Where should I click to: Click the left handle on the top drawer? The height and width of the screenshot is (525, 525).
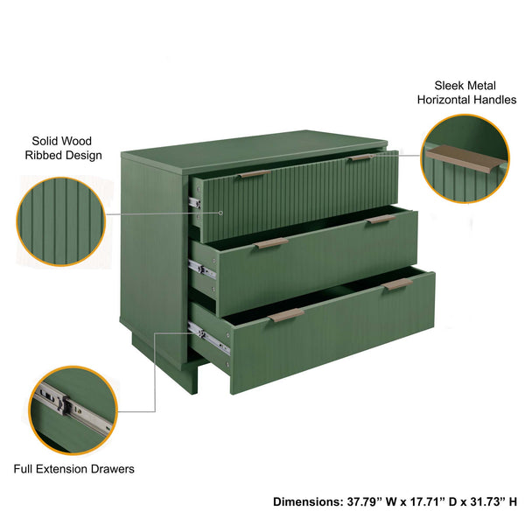tap(254, 174)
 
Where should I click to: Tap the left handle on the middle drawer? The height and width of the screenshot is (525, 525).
tap(271, 243)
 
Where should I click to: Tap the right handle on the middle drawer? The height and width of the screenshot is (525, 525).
tap(380, 219)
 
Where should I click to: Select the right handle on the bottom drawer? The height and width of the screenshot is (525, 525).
tap(397, 283)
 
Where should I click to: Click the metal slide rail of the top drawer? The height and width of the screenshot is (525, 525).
tap(195, 202)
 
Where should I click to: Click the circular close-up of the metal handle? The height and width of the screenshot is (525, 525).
tap(465, 158)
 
